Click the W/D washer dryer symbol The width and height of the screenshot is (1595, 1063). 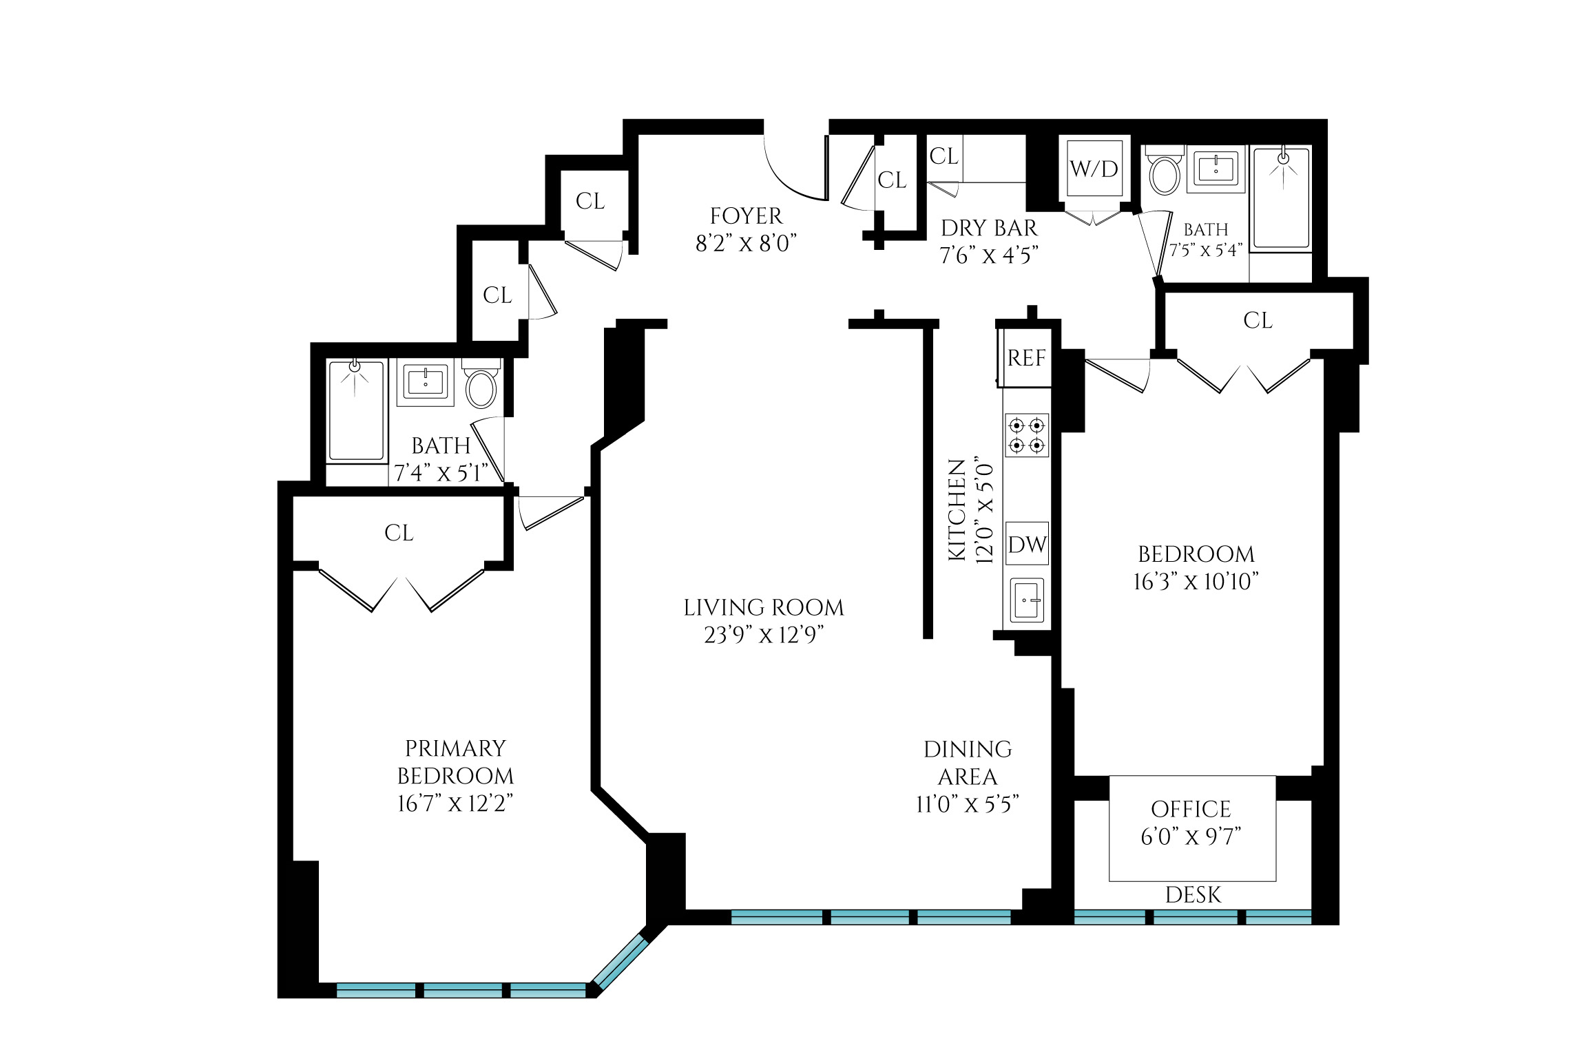coord(1094,169)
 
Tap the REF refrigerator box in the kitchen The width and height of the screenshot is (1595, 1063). coord(1026,358)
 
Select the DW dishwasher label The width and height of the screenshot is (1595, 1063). coord(1027,545)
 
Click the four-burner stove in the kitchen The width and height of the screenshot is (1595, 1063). coord(1027,435)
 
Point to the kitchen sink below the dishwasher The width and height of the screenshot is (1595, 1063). coord(1027,600)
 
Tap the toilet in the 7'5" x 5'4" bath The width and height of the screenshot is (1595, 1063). coord(1165,174)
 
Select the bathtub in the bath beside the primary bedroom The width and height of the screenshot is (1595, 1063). coord(356,410)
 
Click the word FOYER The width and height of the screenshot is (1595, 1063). coord(746,216)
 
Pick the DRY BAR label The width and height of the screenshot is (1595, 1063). coord(988,228)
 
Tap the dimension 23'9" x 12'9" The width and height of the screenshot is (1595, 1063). coord(764,635)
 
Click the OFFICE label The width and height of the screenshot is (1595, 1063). coord(1191,809)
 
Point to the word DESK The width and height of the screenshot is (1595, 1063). coord(1193,895)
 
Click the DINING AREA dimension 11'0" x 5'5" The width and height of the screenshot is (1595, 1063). coord(967,804)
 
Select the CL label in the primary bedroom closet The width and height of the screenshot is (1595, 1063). coord(399,533)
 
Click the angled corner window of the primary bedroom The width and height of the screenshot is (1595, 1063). coord(621,962)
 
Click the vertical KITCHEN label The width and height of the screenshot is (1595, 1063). coord(957,510)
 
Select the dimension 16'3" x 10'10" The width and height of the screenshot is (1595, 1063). coord(1196,582)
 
